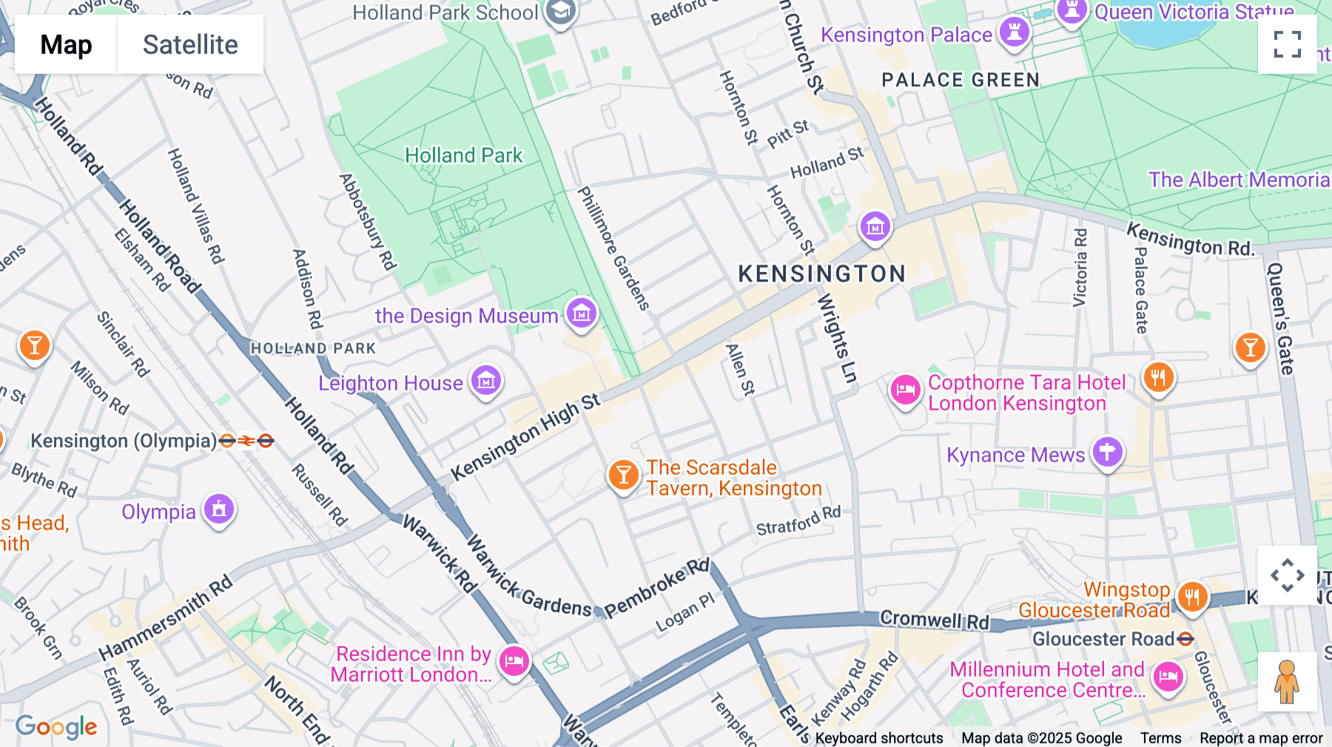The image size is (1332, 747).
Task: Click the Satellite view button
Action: pyautogui.click(x=190, y=45)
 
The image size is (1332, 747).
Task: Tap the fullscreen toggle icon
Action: pyautogui.click(x=1287, y=44)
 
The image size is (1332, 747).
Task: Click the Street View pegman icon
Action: pyautogui.click(x=1287, y=681)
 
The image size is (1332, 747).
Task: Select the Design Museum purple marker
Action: pyautogui.click(x=582, y=314)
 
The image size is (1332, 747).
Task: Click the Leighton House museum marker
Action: pyautogui.click(x=486, y=382)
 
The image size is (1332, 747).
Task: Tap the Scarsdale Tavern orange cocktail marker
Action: pyautogui.click(x=623, y=475)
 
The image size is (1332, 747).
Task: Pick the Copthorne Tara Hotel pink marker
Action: pyautogui.click(x=905, y=390)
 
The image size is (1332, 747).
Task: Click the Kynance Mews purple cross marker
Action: pyautogui.click(x=1107, y=451)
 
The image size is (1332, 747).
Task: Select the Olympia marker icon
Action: pyautogui.click(x=219, y=509)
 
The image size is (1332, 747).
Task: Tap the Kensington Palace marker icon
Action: pyautogui.click(x=1015, y=32)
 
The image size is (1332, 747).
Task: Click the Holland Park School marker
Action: pyautogui.click(x=560, y=12)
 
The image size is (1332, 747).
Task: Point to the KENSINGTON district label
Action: pyautogui.click(x=821, y=274)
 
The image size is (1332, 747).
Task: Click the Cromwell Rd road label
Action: pyautogui.click(x=934, y=620)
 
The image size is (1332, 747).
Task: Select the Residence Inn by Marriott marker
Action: pyautogui.click(x=514, y=660)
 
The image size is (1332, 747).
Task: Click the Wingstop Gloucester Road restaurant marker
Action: pyautogui.click(x=1191, y=595)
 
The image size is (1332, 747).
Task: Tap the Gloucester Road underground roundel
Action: pyautogui.click(x=1185, y=639)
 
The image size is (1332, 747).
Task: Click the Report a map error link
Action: pyautogui.click(x=1261, y=738)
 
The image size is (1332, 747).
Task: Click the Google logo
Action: pyautogui.click(x=56, y=727)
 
